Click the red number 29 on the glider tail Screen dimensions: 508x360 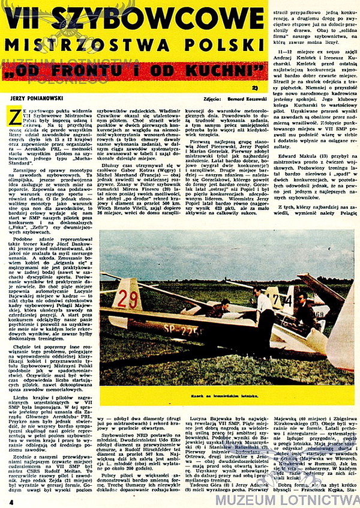tap(128, 298)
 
